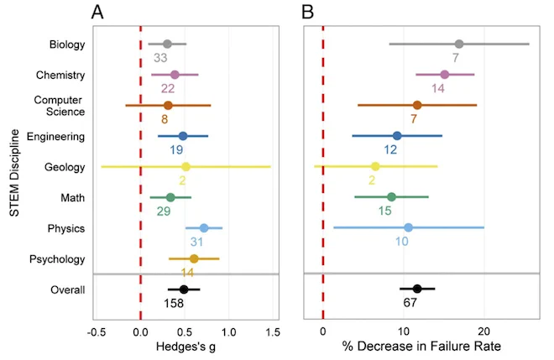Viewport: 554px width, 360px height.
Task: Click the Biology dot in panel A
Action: point(168,44)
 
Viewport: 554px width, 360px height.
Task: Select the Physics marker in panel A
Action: point(204,228)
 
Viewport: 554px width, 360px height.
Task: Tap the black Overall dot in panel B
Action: point(417,289)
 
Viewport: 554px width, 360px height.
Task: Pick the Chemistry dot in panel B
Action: point(445,75)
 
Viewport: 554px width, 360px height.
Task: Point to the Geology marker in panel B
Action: point(375,166)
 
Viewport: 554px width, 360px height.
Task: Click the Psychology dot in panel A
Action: point(194,259)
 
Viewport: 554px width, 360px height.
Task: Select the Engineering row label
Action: point(56,137)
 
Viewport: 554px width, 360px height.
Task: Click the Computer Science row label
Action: point(60,106)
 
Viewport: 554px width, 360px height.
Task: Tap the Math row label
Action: point(73,198)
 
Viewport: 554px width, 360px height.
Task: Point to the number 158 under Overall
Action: point(174,304)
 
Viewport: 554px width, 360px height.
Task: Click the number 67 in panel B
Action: point(410,303)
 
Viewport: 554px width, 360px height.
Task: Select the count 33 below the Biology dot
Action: point(160,58)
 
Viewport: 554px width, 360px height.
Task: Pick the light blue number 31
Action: point(196,242)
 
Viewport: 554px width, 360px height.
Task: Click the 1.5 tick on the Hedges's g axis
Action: point(273,332)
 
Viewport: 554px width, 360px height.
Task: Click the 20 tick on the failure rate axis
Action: point(484,331)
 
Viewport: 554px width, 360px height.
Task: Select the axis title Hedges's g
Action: point(186,347)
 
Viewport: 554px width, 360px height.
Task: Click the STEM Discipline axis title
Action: point(14,173)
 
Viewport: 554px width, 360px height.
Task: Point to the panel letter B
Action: point(308,13)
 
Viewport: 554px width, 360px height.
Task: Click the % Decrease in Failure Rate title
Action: point(421,347)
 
